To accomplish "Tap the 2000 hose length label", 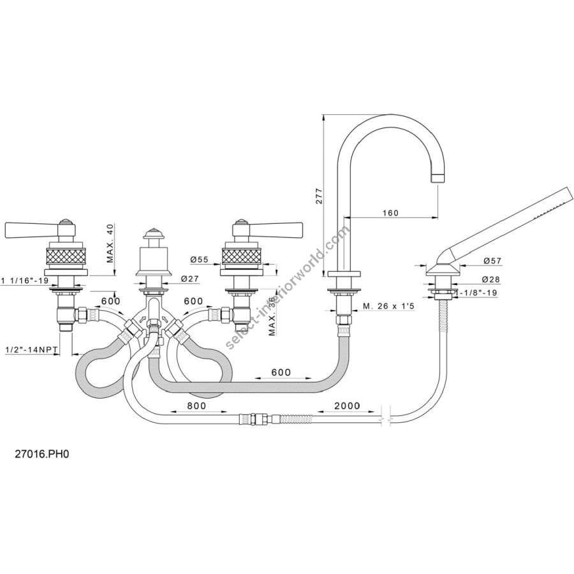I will point(346,406).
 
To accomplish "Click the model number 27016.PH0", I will point(41,456).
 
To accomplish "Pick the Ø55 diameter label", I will point(200,260).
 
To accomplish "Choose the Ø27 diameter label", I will point(189,278).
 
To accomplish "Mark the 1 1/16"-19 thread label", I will point(27,279).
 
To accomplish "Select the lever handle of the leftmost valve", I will point(29,228).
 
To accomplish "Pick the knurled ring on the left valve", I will point(66,258).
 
